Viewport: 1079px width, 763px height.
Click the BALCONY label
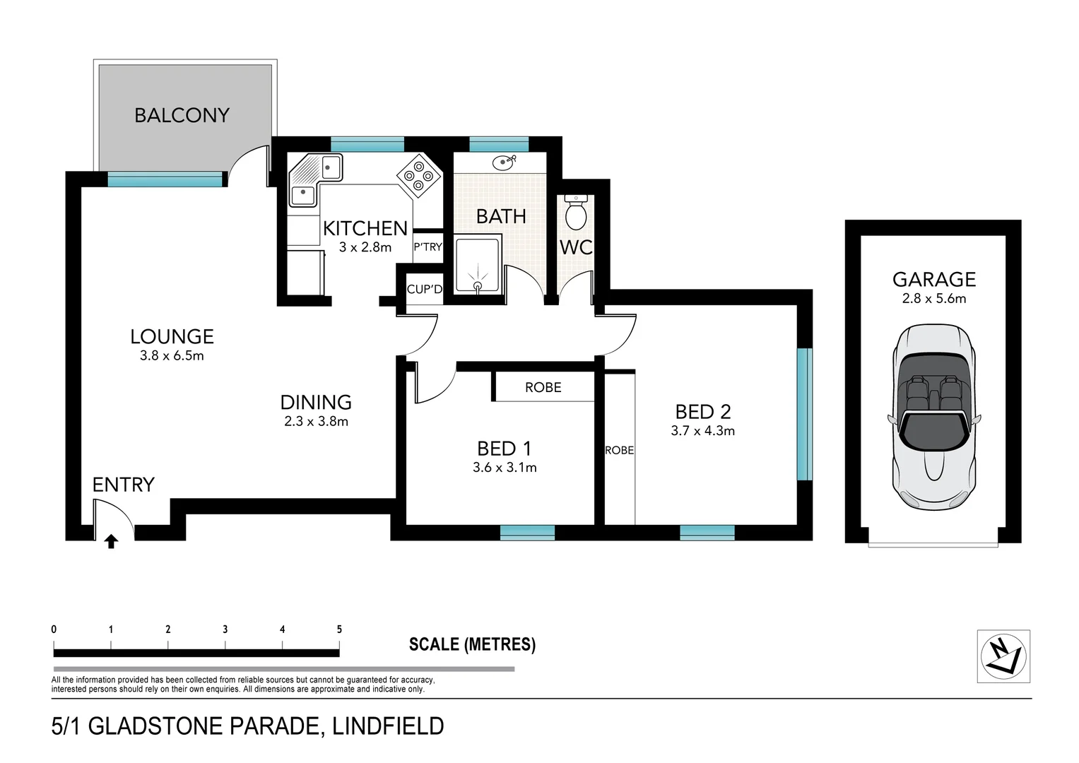click(x=182, y=115)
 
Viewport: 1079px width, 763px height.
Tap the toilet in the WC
click(x=577, y=212)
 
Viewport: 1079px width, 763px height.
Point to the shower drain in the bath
click(x=478, y=286)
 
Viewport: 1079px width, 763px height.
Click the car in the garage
click(x=933, y=417)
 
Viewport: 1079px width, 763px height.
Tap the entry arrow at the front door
click(x=111, y=541)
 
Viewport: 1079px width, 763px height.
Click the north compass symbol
click(x=1003, y=656)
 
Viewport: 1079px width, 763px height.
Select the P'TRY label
click(x=428, y=247)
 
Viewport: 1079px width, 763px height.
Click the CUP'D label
click(x=424, y=289)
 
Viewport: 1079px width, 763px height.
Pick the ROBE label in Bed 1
click(x=543, y=387)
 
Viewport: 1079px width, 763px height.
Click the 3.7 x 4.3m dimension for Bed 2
click(x=702, y=431)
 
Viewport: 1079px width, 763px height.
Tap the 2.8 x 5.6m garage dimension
click(x=933, y=298)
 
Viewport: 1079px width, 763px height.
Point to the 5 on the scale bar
click(x=339, y=629)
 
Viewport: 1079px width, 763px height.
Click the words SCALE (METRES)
click(x=472, y=644)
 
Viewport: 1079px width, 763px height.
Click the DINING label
click(x=316, y=402)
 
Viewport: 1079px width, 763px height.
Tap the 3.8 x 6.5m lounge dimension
click(x=172, y=356)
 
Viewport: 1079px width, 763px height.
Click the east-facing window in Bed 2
click(x=804, y=414)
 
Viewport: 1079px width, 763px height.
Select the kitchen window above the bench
click(x=367, y=145)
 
